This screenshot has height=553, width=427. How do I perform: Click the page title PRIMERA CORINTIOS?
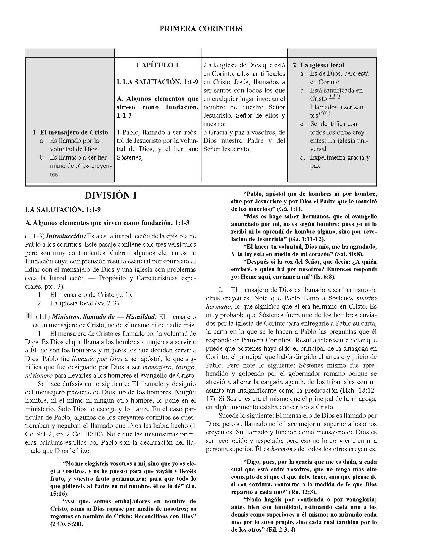201,29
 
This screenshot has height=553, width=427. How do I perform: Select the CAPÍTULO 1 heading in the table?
157,65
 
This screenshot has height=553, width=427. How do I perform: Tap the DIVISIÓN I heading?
111,196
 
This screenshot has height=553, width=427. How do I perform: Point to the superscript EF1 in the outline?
335,97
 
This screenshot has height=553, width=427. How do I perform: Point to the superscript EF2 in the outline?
324,113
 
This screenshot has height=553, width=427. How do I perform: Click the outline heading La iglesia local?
322,65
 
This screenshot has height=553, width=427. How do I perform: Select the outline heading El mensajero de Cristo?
74,132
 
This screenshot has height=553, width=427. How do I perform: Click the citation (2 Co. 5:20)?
67,524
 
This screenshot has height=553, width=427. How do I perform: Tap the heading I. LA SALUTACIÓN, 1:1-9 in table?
157,82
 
